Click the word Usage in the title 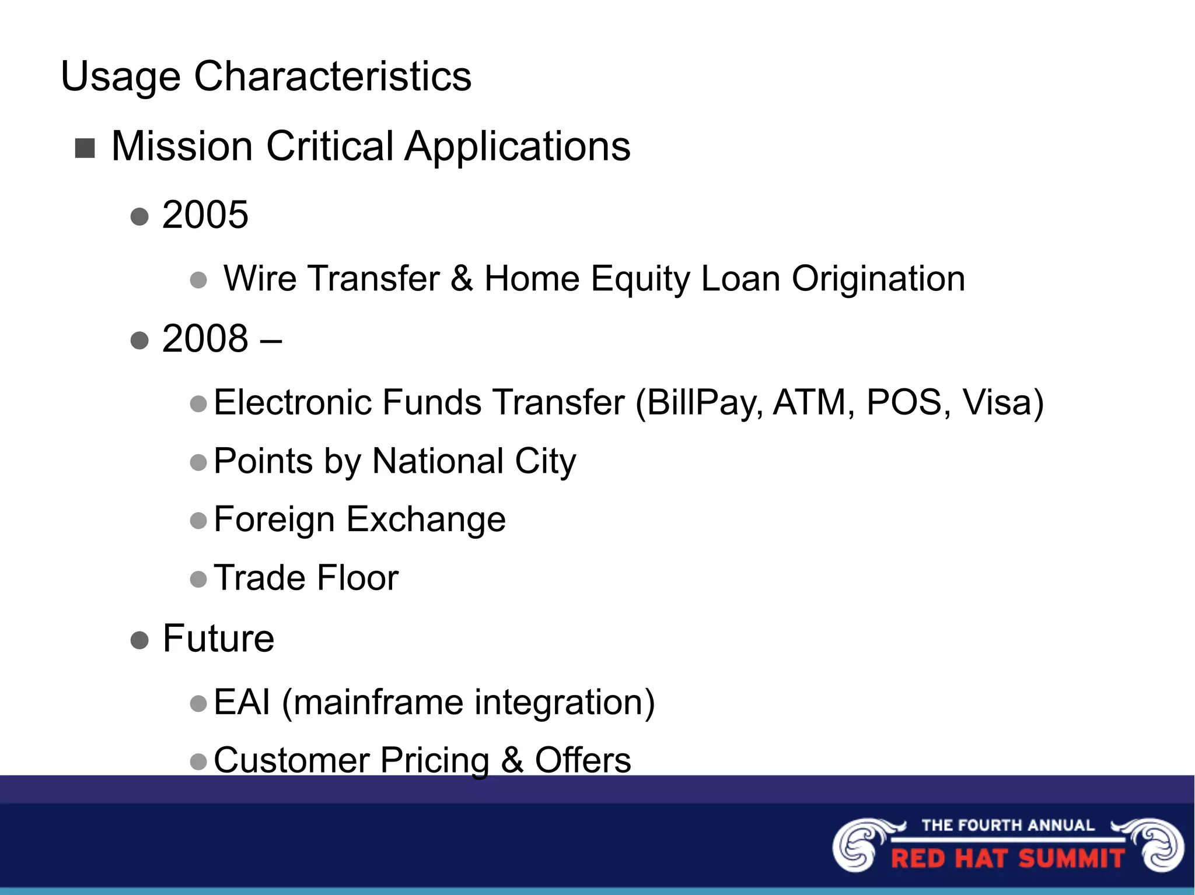click(120, 77)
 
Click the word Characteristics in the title click(332, 76)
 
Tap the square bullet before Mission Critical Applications click(85, 148)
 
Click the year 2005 click(205, 215)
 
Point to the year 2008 click(205, 338)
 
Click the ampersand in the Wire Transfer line click(461, 279)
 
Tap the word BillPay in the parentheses click(703, 402)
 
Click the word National click(438, 461)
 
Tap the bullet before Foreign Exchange click(198, 520)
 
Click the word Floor click(358, 578)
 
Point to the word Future click(218, 638)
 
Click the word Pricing click(434, 761)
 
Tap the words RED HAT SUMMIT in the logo click(1007, 859)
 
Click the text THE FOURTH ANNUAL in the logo click(1007, 825)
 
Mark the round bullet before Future click(139, 640)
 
